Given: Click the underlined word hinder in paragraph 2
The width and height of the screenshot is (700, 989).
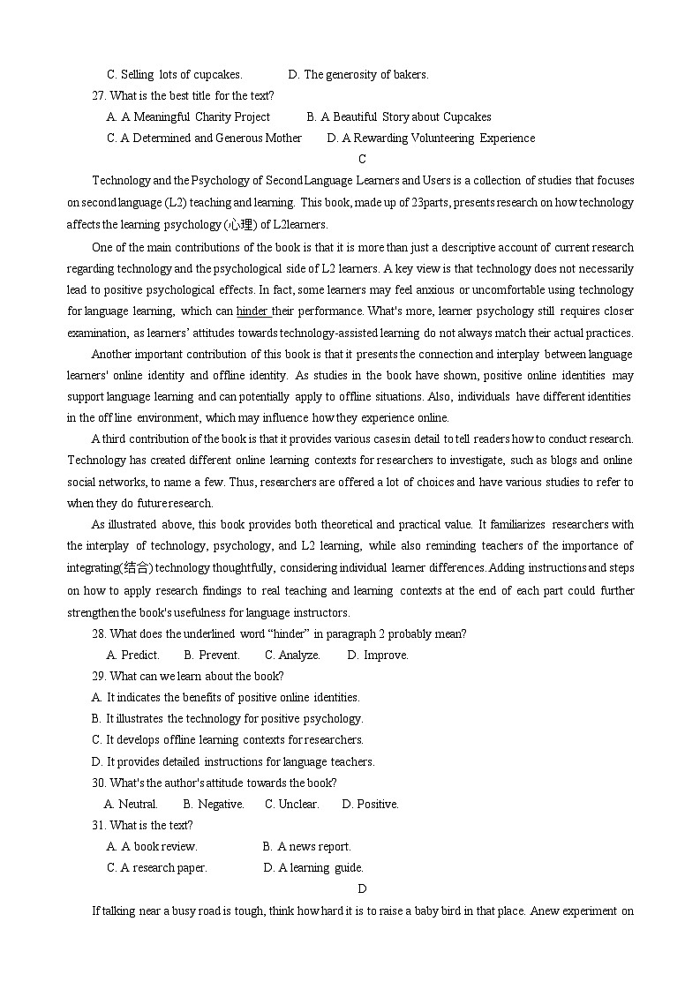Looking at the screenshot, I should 252,311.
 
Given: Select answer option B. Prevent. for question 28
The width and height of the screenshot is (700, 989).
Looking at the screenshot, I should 212,656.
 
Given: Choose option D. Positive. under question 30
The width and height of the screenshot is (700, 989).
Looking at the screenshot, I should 370,805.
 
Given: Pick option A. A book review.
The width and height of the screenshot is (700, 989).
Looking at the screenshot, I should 152,847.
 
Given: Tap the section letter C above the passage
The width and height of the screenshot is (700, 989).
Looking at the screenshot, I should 362,160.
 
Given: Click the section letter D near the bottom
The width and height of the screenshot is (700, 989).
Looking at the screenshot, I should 362,889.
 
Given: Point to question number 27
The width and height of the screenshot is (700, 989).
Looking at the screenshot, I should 99,96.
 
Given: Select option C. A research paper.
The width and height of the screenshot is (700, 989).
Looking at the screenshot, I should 157,868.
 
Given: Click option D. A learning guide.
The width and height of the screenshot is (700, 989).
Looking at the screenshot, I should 313,868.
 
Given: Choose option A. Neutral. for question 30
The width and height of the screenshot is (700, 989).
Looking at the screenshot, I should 131,805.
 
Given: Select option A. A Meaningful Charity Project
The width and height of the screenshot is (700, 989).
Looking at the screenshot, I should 188,117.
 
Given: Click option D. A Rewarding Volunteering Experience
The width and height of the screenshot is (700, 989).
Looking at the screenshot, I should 431,139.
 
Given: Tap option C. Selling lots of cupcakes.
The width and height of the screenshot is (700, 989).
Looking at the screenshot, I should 174,75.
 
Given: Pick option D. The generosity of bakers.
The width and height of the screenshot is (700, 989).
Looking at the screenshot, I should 358,75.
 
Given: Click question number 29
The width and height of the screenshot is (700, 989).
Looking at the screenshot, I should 99,677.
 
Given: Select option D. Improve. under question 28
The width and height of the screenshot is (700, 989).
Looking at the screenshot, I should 378,656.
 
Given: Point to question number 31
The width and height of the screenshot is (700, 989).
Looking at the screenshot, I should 99,826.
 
